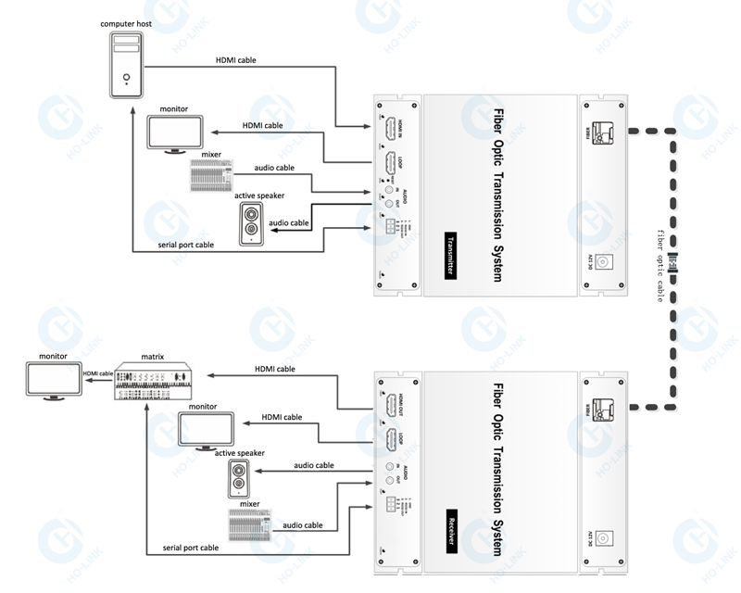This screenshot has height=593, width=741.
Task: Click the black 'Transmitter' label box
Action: tap(452, 251)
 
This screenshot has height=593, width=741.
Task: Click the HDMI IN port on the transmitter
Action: tap(393, 127)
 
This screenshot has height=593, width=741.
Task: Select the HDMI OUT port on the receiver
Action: tap(393, 406)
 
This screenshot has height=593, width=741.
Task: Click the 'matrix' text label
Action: tap(153, 355)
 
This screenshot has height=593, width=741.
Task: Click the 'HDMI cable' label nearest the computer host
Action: tap(236, 60)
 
